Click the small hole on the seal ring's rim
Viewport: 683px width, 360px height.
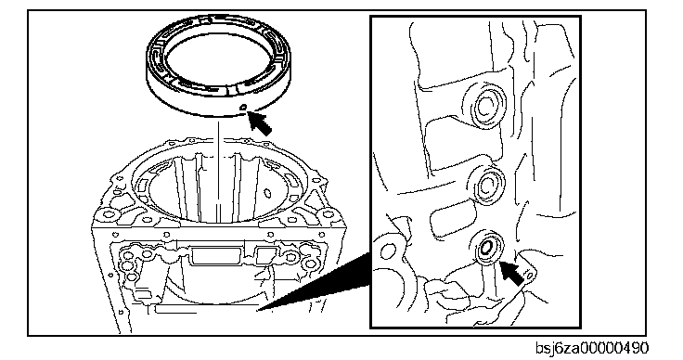pyautogui.click(x=244, y=106)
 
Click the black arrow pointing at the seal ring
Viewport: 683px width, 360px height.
pyautogui.click(x=260, y=123)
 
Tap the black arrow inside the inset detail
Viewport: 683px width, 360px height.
pyautogui.click(x=511, y=273)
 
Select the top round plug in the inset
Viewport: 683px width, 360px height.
pyautogui.click(x=485, y=106)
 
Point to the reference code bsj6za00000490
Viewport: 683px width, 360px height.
pyautogui.click(x=592, y=348)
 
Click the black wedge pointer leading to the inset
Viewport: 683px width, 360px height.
pyautogui.click(x=315, y=281)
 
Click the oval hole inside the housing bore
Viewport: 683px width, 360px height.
pyautogui.click(x=268, y=192)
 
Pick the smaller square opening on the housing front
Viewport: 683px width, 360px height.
pyautogui.click(x=266, y=255)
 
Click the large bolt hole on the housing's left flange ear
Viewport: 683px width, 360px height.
pyautogui.click(x=107, y=214)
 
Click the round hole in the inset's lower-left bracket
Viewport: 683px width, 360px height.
pyautogui.click(x=388, y=251)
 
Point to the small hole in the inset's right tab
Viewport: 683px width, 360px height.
pyautogui.click(x=529, y=276)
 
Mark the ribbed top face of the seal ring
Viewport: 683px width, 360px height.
pyautogui.click(x=219, y=56)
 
